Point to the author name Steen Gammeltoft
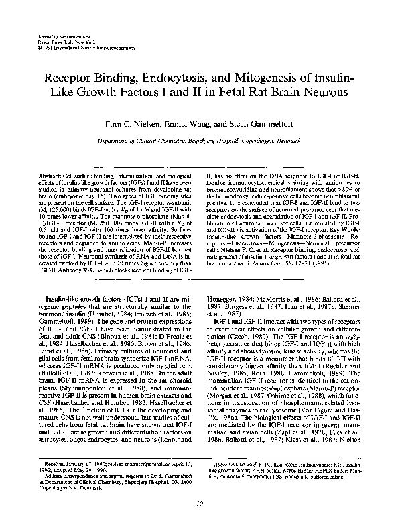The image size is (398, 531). point(261,125)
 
